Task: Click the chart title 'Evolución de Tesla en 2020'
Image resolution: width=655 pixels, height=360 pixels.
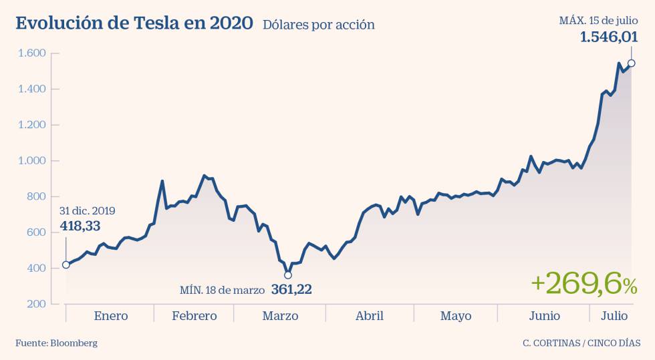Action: [x=134, y=23]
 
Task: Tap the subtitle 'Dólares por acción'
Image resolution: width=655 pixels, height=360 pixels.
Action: [x=318, y=25]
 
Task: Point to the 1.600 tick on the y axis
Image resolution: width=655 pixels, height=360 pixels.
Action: [x=31, y=53]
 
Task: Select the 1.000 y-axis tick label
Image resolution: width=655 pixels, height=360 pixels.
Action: [x=31, y=161]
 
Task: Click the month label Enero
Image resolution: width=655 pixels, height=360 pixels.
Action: [x=111, y=316]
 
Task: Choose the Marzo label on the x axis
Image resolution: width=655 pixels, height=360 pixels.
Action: [x=280, y=316]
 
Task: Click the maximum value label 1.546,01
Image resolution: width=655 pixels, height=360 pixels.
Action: [x=608, y=37]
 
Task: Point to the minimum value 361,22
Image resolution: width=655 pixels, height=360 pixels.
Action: [x=291, y=290]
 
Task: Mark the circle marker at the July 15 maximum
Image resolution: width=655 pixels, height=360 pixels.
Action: [x=631, y=63]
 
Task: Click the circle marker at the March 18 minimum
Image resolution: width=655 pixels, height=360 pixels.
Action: [x=288, y=275]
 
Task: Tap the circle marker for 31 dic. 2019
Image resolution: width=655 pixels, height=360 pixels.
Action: [x=65, y=264]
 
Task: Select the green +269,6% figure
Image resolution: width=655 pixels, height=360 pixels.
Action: [x=583, y=285]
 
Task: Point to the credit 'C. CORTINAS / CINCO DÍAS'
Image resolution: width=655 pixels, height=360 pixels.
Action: [x=581, y=343]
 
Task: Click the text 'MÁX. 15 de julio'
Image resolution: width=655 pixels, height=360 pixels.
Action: [x=598, y=21]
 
